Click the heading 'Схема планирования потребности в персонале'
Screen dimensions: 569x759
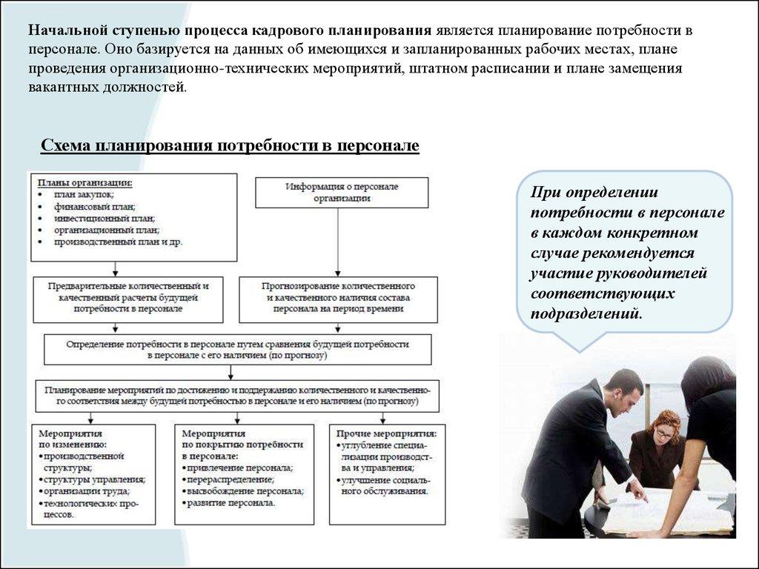pyautogui.click(x=230, y=145)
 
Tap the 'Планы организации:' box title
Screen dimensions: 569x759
pyautogui.click(x=86, y=182)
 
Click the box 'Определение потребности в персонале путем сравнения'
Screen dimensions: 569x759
pyautogui.click(x=237, y=350)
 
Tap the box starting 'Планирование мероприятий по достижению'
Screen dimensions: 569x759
pyautogui.click(x=237, y=395)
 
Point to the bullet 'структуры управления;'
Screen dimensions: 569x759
pyautogui.click(x=93, y=479)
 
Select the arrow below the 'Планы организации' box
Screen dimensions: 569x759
pyautogui.click(x=115, y=268)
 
